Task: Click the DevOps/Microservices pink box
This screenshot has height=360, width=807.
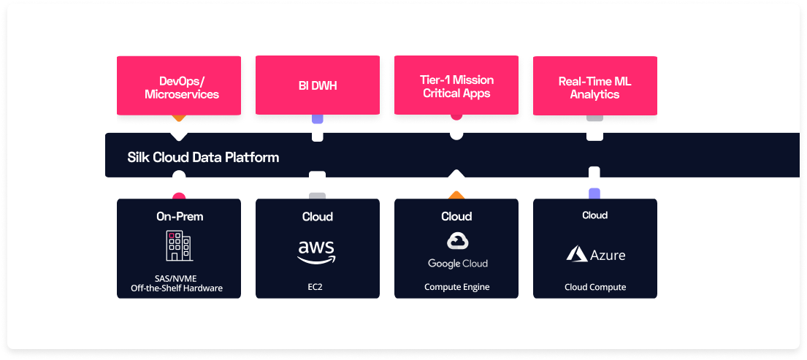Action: tap(178, 87)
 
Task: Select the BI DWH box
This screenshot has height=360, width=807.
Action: tap(317, 86)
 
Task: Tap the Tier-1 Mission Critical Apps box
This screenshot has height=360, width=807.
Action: tap(456, 86)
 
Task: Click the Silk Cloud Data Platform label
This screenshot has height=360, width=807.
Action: tap(203, 157)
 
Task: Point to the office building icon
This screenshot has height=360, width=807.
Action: tap(178, 246)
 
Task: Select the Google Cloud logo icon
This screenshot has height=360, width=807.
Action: tap(457, 242)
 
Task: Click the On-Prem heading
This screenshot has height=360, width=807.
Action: tap(179, 216)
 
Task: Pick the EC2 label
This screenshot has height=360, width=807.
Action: tap(317, 287)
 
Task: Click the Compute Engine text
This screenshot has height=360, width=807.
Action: tap(456, 287)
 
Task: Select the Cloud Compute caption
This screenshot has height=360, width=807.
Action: tap(594, 287)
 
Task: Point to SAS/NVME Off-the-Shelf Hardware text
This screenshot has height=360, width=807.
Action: tap(179, 283)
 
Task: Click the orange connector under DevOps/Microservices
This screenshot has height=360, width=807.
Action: tap(178, 118)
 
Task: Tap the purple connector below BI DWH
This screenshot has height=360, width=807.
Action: tap(317, 118)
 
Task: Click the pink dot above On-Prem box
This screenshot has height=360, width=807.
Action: tap(178, 196)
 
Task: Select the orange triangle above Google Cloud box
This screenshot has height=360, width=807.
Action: tap(456, 194)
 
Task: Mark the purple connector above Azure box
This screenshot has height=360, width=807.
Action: tap(594, 194)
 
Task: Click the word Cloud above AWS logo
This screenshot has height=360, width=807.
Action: tap(317, 216)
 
